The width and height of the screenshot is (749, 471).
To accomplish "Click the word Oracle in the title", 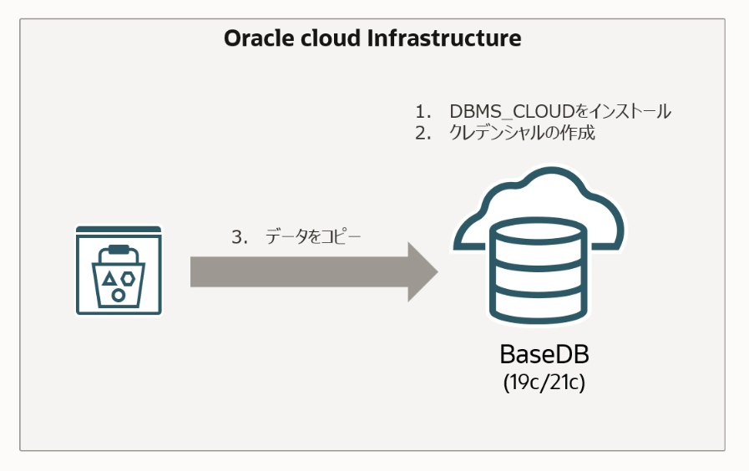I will tap(253, 38).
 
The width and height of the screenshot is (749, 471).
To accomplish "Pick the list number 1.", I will tap(422, 112).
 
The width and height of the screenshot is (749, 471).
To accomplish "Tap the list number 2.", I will tap(422, 133).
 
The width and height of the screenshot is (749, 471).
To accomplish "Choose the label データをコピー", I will tap(314, 236).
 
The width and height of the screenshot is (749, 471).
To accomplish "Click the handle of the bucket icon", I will tap(119, 249).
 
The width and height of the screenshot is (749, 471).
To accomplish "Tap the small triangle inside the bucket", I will tap(109, 280).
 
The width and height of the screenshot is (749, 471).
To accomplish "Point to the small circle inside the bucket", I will tap(119, 295).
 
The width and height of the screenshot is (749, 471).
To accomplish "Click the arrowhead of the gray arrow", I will tap(423, 272).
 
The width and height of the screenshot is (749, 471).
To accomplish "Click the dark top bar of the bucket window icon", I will tap(119, 229).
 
